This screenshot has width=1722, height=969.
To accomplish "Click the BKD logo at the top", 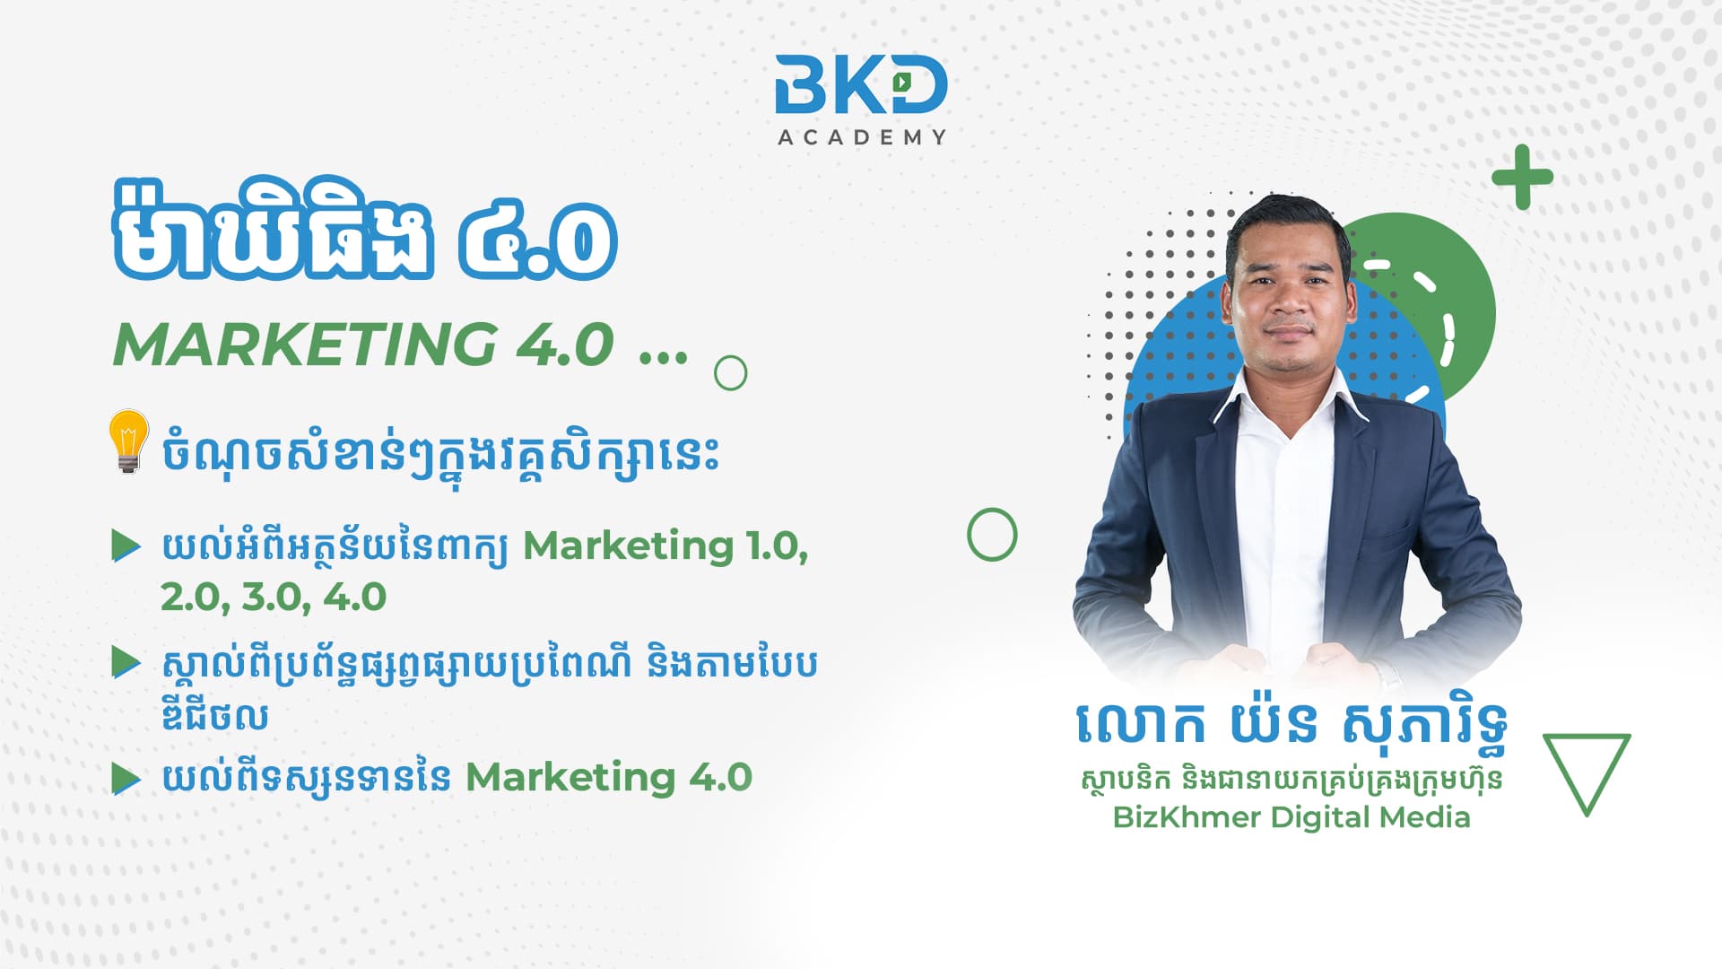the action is [x=861, y=84].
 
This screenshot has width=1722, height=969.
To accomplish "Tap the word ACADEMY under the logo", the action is [x=862, y=137].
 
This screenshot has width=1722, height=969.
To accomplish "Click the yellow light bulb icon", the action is [x=128, y=441].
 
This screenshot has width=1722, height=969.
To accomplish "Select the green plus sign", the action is [x=1522, y=177].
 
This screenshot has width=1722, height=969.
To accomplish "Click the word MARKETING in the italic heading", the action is [x=305, y=344].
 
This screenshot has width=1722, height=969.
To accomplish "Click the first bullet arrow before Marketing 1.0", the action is [x=126, y=545].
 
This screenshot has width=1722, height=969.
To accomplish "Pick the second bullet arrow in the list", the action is [x=126, y=663].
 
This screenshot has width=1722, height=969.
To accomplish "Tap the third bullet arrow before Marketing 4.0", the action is [x=126, y=778].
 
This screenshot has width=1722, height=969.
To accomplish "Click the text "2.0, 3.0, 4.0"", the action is [x=274, y=597].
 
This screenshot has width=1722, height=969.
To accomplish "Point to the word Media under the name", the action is [x=1425, y=817].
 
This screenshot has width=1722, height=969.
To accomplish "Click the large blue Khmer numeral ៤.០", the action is [x=538, y=240].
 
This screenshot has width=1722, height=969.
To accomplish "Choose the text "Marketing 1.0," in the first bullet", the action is [x=665, y=546].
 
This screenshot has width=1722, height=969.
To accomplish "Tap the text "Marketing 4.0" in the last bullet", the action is [x=609, y=777].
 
